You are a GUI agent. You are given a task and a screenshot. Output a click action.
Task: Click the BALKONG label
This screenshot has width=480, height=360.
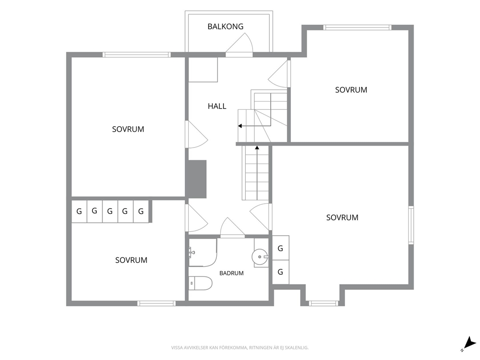point(225,27)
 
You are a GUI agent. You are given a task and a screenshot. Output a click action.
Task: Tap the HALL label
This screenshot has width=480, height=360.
point(217,106)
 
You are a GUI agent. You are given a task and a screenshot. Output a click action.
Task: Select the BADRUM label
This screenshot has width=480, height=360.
point(231,273)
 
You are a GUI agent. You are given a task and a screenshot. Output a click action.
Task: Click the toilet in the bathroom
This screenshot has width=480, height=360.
point(200,283)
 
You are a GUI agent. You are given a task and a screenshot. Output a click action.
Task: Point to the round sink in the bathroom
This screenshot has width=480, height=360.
point(259,256)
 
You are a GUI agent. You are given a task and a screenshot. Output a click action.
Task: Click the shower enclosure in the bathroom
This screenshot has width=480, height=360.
point(203,252)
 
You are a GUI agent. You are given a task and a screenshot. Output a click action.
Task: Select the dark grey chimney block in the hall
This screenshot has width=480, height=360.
point(196,179)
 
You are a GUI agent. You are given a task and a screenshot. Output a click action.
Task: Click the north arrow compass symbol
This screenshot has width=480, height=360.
point(469,344)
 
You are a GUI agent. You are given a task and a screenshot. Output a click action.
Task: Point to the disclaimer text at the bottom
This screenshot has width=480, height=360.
point(240,347)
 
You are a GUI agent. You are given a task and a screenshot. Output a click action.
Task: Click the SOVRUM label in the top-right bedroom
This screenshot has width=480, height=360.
point(351,90)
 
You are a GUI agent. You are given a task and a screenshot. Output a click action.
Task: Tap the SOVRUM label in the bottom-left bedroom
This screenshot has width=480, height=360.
point(131,260)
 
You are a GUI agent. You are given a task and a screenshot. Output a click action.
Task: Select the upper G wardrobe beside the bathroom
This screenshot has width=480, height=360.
point(281,248)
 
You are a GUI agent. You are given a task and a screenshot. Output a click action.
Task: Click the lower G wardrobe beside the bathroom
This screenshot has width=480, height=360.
point(281,272)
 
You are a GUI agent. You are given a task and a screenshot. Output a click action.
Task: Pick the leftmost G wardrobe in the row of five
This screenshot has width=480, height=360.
point(79,211)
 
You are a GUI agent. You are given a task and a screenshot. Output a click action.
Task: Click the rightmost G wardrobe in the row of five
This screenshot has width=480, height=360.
point(141,211)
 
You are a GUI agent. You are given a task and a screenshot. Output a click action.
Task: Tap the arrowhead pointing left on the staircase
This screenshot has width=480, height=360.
point(240,126)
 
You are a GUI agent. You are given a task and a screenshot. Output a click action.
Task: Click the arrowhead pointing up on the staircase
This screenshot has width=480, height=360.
point(257,148)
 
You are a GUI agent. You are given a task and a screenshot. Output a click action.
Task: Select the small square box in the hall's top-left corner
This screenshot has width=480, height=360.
point(203,70)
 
